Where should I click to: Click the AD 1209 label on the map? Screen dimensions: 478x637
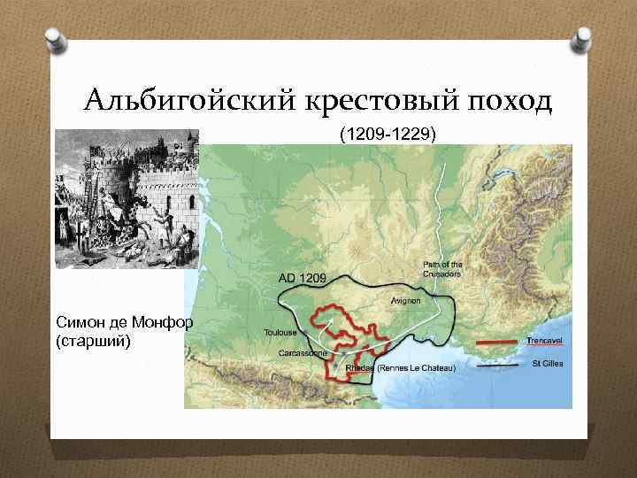pyautogui.click(x=303, y=278)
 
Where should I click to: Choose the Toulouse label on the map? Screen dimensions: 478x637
pyautogui.click(x=279, y=333)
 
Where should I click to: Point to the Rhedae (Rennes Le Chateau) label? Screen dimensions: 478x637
pyautogui.click(x=400, y=367)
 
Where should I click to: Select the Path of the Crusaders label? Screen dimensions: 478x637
pyautogui.click(x=442, y=269)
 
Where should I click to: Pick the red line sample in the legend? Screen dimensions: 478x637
pyautogui.click(x=498, y=342)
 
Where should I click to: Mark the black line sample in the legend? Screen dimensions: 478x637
pyautogui.click(x=498, y=365)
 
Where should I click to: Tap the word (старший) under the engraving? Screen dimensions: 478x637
pyautogui.click(x=92, y=339)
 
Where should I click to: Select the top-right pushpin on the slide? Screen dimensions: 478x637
pyautogui.click(x=583, y=39)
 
